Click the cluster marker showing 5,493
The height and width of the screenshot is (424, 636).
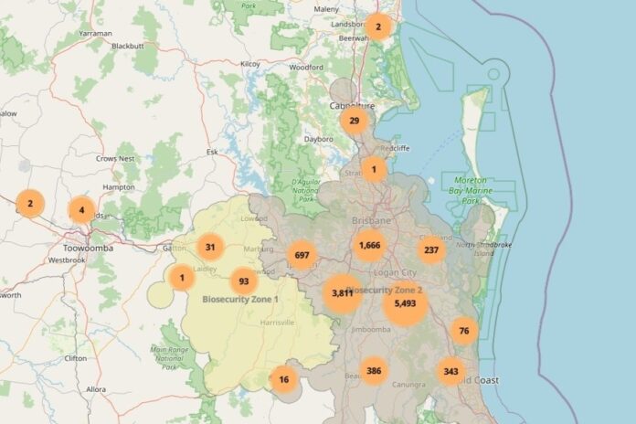point(406,302)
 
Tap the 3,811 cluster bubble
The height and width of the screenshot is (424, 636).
point(343,293)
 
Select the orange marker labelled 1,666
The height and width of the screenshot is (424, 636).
point(369,245)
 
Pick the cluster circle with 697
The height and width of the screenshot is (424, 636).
point(302,255)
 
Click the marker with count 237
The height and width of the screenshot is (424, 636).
point(432,249)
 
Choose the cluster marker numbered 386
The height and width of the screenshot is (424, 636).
point(373,370)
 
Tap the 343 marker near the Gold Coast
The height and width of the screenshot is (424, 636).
point(450,371)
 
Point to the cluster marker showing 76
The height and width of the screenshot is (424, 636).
point(464,330)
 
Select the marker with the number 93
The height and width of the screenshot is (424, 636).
point(243,281)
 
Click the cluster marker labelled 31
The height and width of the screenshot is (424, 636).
point(211,246)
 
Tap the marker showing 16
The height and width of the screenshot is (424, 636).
point(284,379)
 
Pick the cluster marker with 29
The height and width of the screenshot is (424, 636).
point(354,120)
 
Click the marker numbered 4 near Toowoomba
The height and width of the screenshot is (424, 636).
point(81,210)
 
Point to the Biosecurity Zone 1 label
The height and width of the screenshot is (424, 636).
point(240,299)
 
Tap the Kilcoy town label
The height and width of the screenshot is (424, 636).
point(249,64)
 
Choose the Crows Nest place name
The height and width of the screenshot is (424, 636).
point(115,158)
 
